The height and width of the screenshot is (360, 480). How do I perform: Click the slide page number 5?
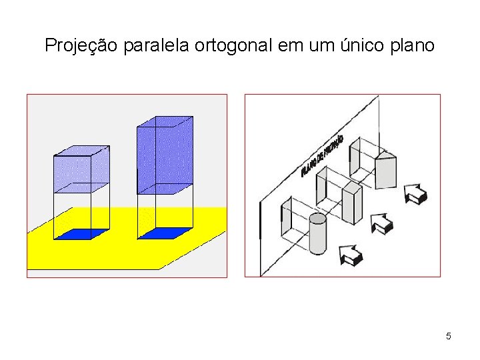[449, 336]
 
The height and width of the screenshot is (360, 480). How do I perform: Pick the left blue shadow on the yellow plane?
[81, 233]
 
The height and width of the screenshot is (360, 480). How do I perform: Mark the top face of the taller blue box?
[165, 121]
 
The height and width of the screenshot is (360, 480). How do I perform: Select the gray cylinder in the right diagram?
[318, 235]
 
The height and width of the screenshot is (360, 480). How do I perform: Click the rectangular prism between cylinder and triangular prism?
[352, 197]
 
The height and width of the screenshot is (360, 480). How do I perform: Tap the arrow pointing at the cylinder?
[351, 254]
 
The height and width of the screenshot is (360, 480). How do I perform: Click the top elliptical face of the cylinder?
[318, 218]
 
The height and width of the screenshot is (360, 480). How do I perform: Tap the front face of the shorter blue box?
[72, 175]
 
